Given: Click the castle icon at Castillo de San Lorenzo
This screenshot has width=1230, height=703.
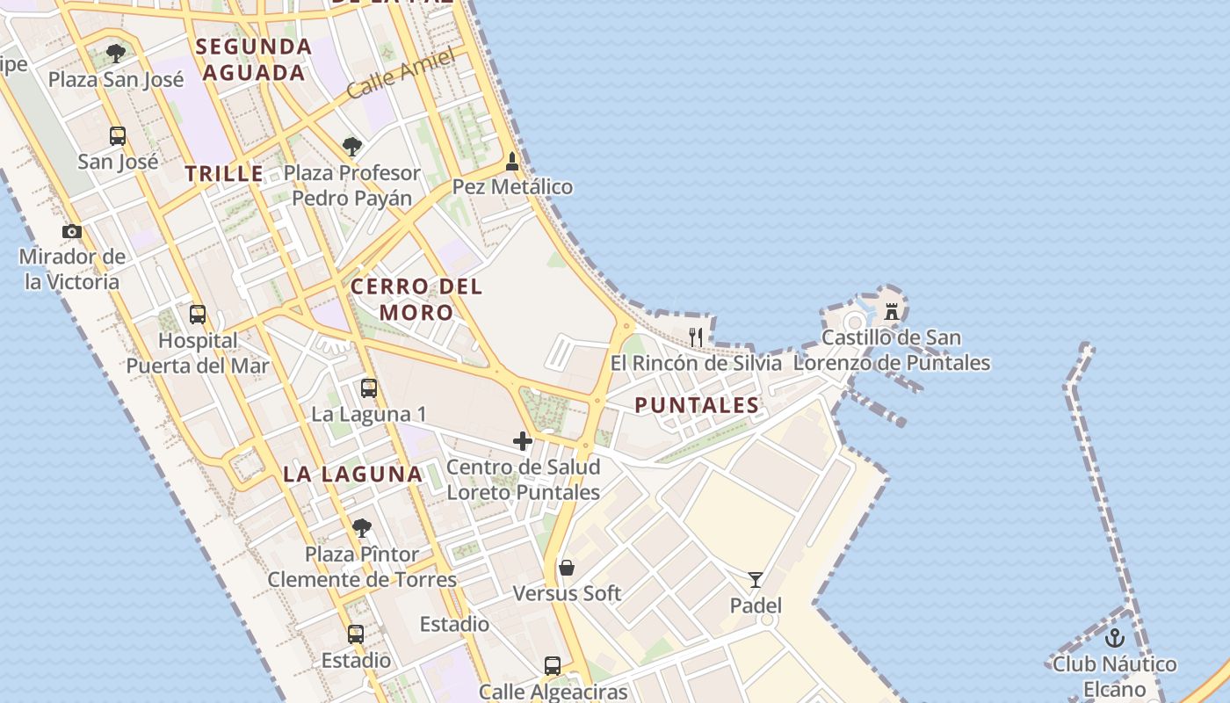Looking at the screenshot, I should [x=892, y=311].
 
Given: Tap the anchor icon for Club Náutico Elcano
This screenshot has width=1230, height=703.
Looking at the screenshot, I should [x=1115, y=638].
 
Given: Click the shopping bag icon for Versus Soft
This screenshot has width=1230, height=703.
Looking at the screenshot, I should [x=567, y=568].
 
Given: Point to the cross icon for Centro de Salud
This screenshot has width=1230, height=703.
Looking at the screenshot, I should [x=523, y=441].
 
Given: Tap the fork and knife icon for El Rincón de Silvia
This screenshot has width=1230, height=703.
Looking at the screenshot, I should [x=696, y=337].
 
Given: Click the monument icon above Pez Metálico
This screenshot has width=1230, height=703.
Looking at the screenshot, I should [x=512, y=162].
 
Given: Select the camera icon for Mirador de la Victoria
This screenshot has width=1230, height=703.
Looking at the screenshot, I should [x=72, y=232].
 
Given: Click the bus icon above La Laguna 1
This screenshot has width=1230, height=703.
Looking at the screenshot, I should [x=369, y=388].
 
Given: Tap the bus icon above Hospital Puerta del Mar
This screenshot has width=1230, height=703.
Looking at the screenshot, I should [x=198, y=315].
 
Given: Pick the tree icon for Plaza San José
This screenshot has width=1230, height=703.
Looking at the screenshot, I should [x=116, y=54].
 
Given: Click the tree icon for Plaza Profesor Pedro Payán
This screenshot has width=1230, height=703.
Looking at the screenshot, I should [x=352, y=147].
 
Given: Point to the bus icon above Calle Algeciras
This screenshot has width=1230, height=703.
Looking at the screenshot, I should [x=553, y=666].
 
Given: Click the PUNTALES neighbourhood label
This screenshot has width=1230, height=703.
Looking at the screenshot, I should [x=697, y=405].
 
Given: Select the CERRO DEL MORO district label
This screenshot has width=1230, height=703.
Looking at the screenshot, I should [x=416, y=299].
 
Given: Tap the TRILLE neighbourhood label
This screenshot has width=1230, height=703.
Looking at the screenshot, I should [x=224, y=173].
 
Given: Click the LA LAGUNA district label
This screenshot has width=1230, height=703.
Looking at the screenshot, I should [x=353, y=475].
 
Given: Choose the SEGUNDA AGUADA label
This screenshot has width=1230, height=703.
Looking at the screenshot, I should [x=254, y=59].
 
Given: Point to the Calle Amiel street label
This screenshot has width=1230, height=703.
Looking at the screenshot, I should [x=400, y=74].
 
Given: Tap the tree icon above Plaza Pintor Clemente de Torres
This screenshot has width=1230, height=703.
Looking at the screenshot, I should [x=361, y=528].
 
